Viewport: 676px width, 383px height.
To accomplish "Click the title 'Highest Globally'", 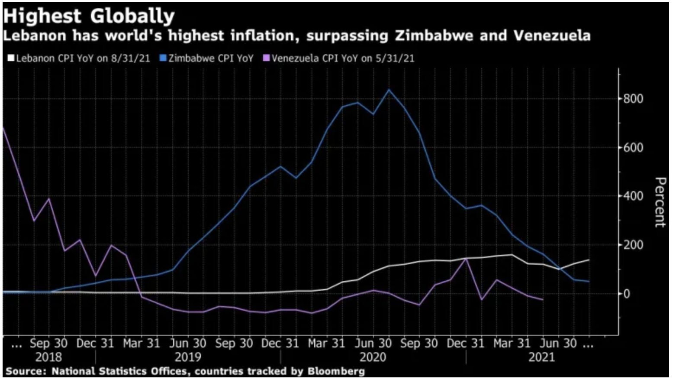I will [89, 16].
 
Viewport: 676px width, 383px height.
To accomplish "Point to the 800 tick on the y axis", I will [633, 99].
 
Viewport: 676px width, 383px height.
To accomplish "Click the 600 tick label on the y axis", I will [633, 148].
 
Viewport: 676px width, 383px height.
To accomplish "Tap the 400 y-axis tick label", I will [633, 196].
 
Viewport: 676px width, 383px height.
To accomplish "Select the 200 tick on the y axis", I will [633, 245].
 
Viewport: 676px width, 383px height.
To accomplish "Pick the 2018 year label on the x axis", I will [48, 357].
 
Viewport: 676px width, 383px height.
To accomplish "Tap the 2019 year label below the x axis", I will [188, 357].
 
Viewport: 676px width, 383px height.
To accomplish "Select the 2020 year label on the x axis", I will [373, 357].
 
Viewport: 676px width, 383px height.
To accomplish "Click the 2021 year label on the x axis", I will [542, 357].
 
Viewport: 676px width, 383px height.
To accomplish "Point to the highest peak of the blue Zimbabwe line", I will [389, 90].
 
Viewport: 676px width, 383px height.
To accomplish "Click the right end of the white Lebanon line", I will [589, 260].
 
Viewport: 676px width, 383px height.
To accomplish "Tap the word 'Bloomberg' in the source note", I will [336, 371].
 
